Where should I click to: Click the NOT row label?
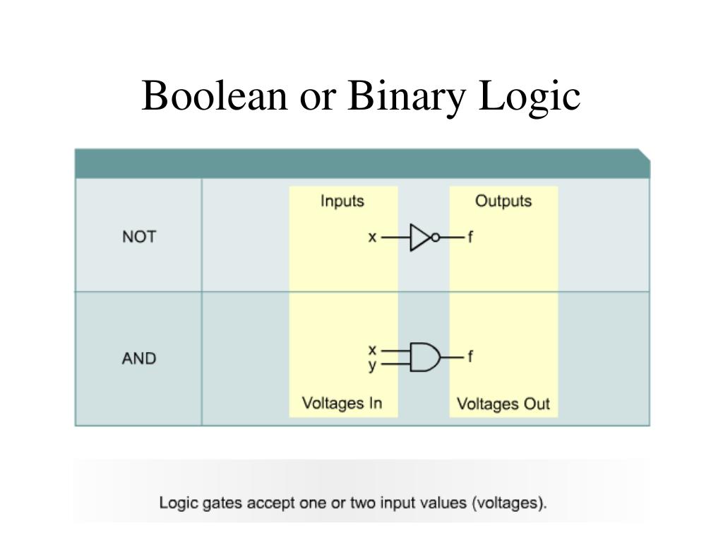tap(139, 237)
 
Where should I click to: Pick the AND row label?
tap(139, 358)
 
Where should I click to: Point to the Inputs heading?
tap(342, 202)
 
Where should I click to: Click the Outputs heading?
tap(503, 202)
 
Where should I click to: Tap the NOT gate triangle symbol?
tap(420, 238)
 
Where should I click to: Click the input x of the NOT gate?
tap(372, 238)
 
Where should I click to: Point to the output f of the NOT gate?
tap(470, 238)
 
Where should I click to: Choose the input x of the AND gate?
tap(372, 349)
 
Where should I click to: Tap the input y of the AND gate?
tap(372, 366)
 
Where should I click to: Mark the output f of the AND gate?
tap(470, 357)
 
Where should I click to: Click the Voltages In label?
tap(342, 403)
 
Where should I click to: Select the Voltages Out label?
tap(503, 404)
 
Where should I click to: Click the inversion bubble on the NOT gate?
tap(436, 238)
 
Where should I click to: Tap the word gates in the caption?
tap(215, 504)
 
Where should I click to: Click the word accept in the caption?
tap(263, 504)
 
